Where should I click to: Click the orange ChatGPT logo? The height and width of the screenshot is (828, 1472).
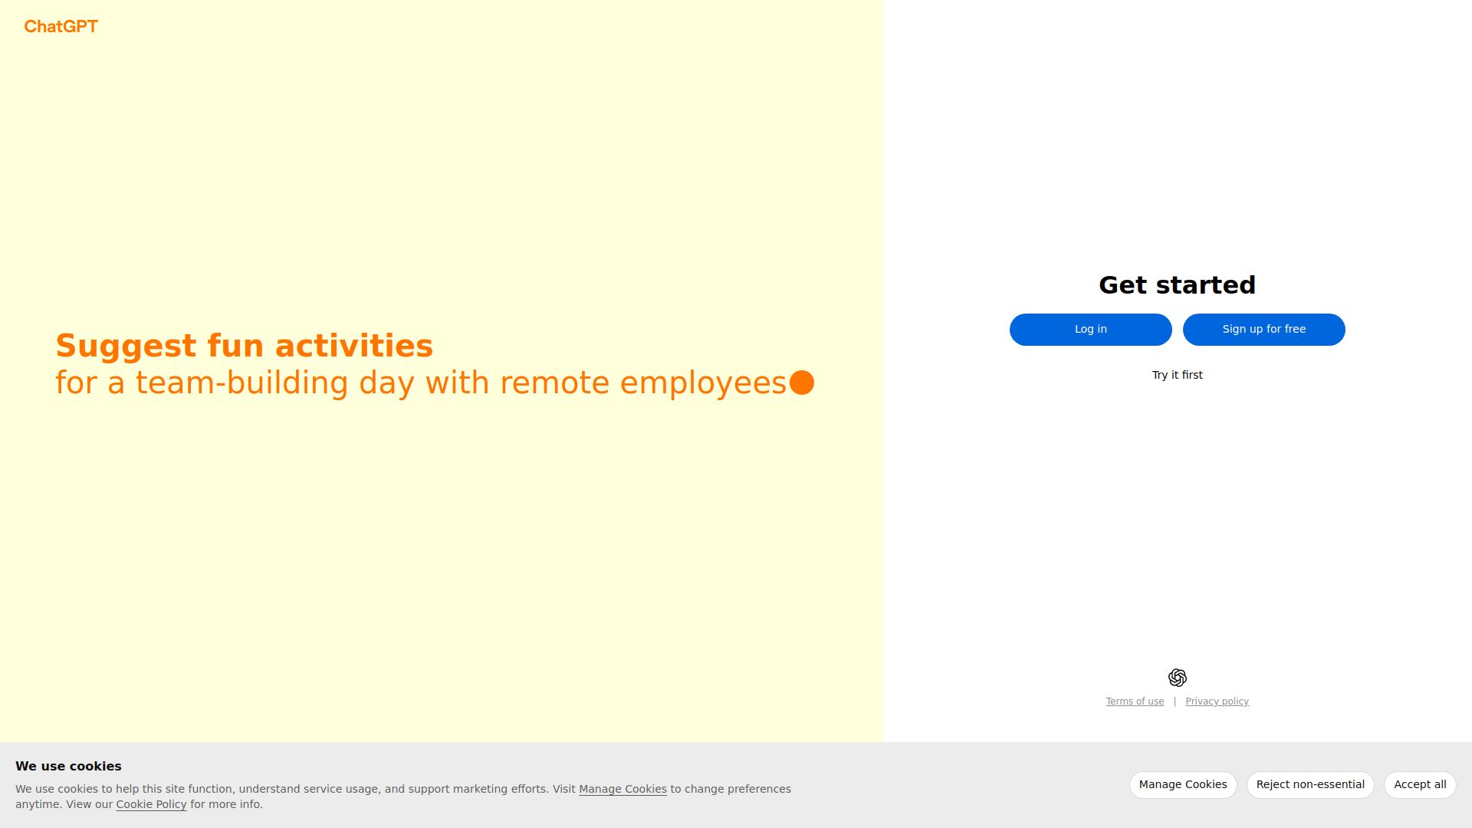click(x=61, y=27)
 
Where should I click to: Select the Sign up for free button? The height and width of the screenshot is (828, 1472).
click(x=1263, y=330)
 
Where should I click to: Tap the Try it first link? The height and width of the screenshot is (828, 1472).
click(x=1177, y=375)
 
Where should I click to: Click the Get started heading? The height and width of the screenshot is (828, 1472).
click(x=1177, y=285)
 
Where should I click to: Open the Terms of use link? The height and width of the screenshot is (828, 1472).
click(x=1135, y=701)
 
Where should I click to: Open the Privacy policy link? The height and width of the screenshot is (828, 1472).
click(x=1217, y=701)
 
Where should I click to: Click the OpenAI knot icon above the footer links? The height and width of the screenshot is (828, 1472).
click(x=1177, y=678)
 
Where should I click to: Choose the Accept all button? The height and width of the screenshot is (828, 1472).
click(x=1420, y=785)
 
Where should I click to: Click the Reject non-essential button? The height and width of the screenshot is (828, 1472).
click(x=1310, y=785)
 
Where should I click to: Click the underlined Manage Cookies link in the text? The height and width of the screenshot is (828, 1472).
click(x=623, y=789)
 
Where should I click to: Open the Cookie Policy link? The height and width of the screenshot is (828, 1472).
click(x=151, y=804)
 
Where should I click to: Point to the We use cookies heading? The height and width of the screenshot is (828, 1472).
click(x=68, y=767)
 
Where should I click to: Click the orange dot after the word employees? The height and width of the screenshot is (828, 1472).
click(x=802, y=383)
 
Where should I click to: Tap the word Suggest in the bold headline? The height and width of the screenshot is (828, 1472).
click(x=126, y=347)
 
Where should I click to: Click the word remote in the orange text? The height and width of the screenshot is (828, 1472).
click(x=554, y=383)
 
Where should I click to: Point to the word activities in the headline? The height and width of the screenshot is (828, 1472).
click(x=354, y=346)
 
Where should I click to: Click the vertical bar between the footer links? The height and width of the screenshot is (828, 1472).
click(x=1175, y=701)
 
